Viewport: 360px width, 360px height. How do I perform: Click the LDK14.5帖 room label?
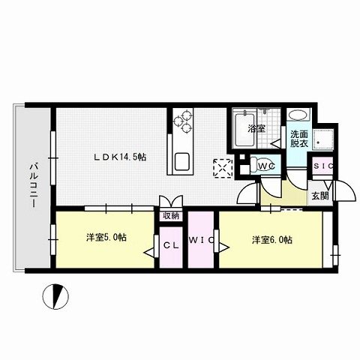click(x=120, y=157)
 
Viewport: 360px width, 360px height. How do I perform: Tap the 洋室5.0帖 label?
click(x=106, y=238)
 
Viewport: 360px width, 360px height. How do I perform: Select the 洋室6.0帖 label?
click(x=271, y=240)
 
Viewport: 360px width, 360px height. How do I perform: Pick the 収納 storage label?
click(x=170, y=216)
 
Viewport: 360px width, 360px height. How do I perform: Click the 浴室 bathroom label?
click(x=256, y=128)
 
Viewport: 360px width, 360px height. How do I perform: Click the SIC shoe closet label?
click(x=323, y=166)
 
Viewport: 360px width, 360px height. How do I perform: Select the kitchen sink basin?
click(x=183, y=160)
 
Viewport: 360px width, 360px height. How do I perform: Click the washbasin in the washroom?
click(x=297, y=117)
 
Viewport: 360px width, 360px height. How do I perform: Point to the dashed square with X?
click(x=222, y=167)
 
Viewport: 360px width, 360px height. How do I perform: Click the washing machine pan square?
click(x=324, y=140)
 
